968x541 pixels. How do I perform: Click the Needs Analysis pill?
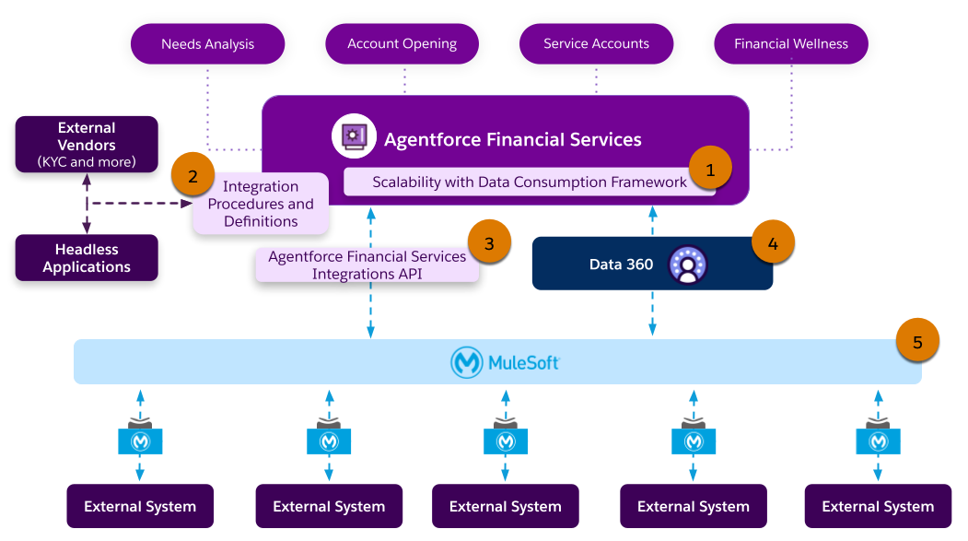(207, 44)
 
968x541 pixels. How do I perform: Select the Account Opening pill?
(402, 44)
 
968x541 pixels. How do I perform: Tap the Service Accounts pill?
(596, 44)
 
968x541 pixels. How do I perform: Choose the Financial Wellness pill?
(790, 44)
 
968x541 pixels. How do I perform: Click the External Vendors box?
(87, 145)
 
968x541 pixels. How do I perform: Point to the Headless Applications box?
(87, 258)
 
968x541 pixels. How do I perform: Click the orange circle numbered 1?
(709, 170)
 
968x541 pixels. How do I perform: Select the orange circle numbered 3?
(489, 243)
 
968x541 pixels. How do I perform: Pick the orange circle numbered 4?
(773, 243)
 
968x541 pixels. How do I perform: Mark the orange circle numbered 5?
(917, 341)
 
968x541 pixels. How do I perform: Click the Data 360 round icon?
(687, 265)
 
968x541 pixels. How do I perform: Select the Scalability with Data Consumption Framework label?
(529, 182)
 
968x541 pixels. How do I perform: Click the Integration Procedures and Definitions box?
(261, 205)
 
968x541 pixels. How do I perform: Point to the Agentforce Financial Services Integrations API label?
(367, 265)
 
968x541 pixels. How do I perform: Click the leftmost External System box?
(140, 506)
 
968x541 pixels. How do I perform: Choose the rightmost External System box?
(878, 506)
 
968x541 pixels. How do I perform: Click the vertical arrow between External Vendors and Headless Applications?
(87, 204)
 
